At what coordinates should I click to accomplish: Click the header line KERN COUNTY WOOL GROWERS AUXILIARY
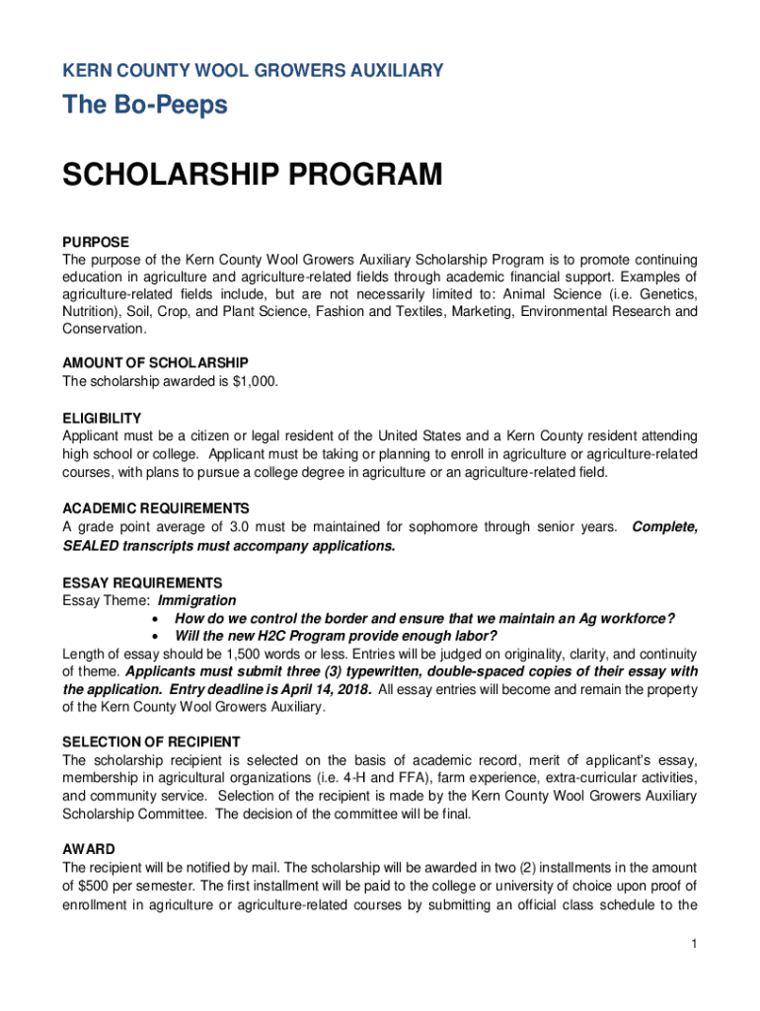(x=253, y=71)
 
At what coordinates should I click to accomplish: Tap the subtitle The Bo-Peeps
(x=145, y=106)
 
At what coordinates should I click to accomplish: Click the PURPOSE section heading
(x=96, y=241)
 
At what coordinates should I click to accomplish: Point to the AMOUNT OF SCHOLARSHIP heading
(x=155, y=362)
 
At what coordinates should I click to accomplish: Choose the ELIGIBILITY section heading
(x=102, y=418)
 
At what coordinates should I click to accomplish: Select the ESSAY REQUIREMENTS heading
(x=142, y=583)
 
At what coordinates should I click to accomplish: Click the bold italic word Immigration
(x=197, y=600)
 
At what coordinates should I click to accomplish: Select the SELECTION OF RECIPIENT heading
(x=151, y=741)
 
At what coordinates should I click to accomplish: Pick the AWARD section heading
(x=89, y=849)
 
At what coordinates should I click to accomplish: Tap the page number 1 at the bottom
(x=695, y=945)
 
